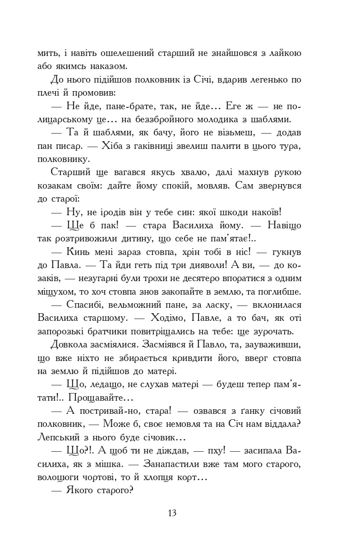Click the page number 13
[x=171, y=513]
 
